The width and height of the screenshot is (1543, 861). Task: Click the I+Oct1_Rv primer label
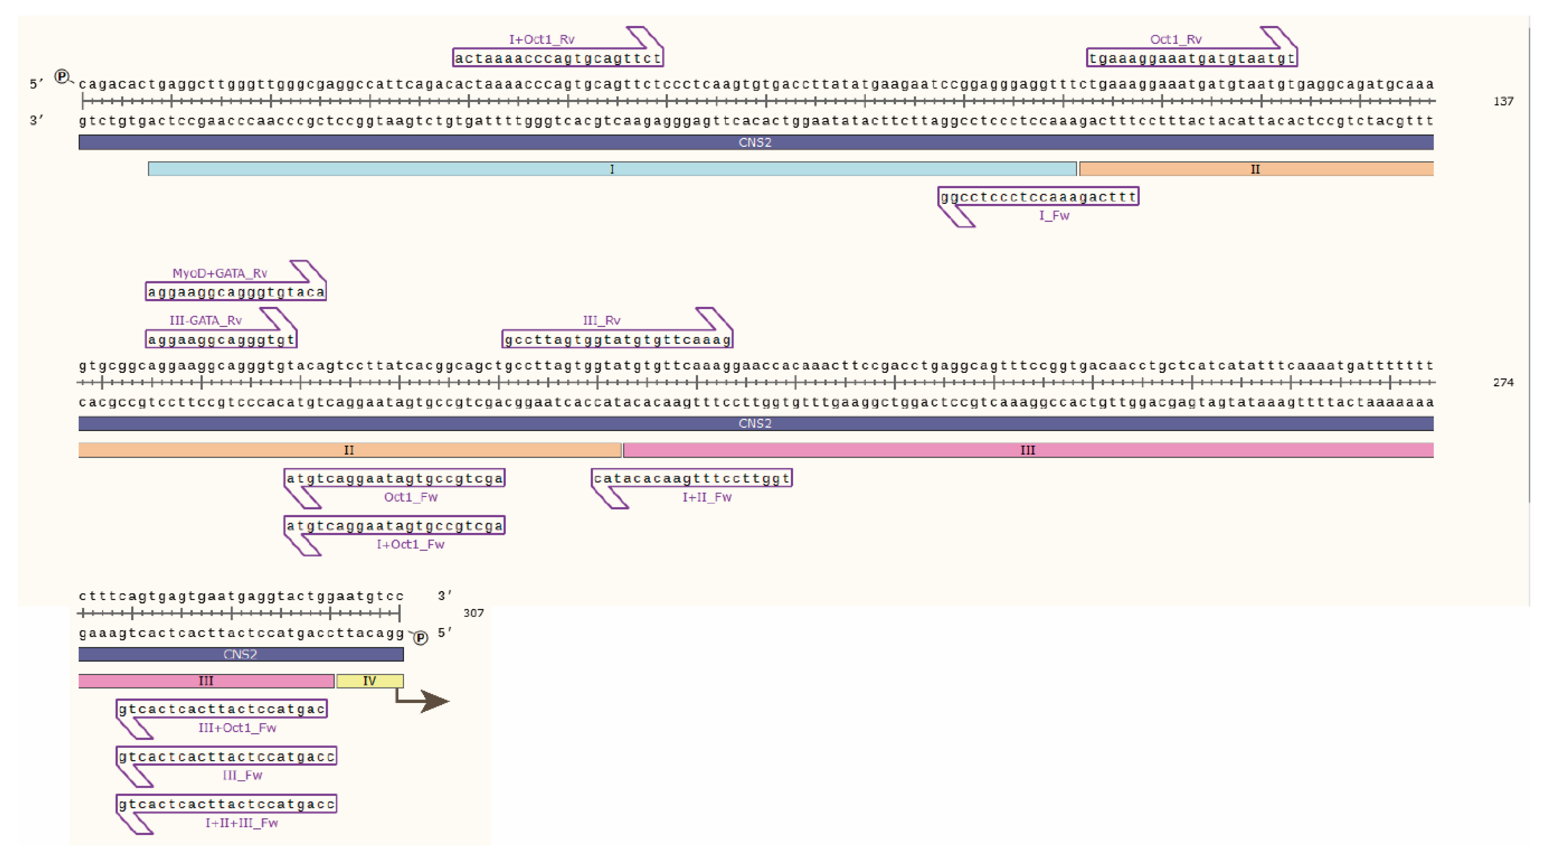(541, 39)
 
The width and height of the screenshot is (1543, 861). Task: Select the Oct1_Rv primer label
(1175, 39)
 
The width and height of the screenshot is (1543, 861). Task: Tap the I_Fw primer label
(1054, 216)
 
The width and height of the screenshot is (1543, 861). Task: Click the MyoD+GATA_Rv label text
(220, 273)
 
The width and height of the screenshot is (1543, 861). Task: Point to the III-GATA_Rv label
(205, 320)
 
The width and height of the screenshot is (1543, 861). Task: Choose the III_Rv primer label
(601, 320)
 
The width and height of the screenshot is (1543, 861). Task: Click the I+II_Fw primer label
(707, 497)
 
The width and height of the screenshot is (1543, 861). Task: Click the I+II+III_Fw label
(242, 823)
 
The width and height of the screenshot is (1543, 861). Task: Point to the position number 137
(1503, 102)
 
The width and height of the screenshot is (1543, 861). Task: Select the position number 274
(1503, 383)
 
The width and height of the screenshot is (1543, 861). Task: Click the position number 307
(473, 613)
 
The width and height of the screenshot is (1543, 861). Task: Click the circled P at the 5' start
(61, 77)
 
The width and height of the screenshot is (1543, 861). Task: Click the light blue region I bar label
(612, 169)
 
